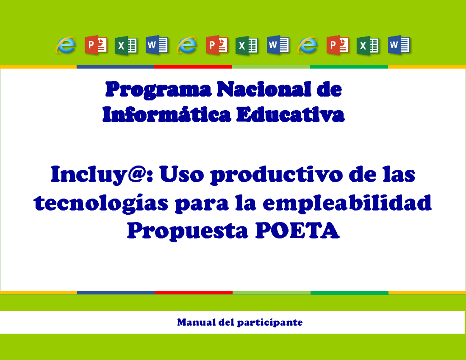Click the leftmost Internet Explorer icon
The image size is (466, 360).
click(66, 45)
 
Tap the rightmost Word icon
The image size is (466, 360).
click(399, 45)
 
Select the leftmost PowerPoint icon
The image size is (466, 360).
click(96, 45)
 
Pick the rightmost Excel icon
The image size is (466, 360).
click(368, 45)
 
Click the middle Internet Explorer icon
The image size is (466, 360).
click(187, 45)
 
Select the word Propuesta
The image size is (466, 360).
click(188, 232)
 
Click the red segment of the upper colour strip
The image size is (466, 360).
click(193, 66)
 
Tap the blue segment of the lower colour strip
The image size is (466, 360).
click(116, 292)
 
